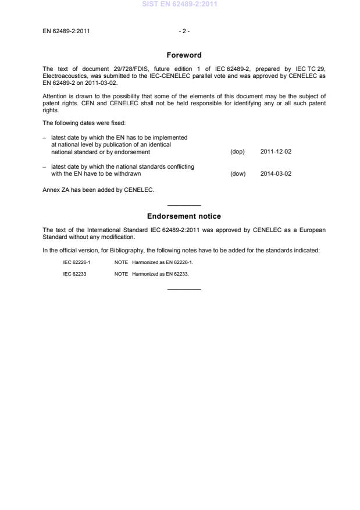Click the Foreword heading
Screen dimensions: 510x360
pyautogui.click(x=184, y=55)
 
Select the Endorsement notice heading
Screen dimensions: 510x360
pyautogui.click(x=184, y=216)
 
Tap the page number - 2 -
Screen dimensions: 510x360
pyautogui.click(x=184, y=31)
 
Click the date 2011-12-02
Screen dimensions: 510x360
pyautogui.click(x=276, y=152)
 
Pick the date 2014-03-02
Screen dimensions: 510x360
pyautogui.click(x=276, y=173)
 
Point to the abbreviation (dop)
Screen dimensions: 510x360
pyautogui.click(x=237, y=152)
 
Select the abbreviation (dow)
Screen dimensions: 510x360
pyautogui.click(x=238, y=173)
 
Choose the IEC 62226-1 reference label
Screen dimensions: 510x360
pyautogui.click(x=77, y=262)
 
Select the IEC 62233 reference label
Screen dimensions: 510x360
pyautogui.click(x=74, y=273)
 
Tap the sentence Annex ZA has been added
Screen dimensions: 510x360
pyautogui.click(x=98, y=189)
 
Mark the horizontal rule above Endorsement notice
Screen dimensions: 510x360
pyautogui.click(x=184, y=205)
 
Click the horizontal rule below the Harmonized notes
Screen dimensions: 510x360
pyautogui.click(x=184, y=289)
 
